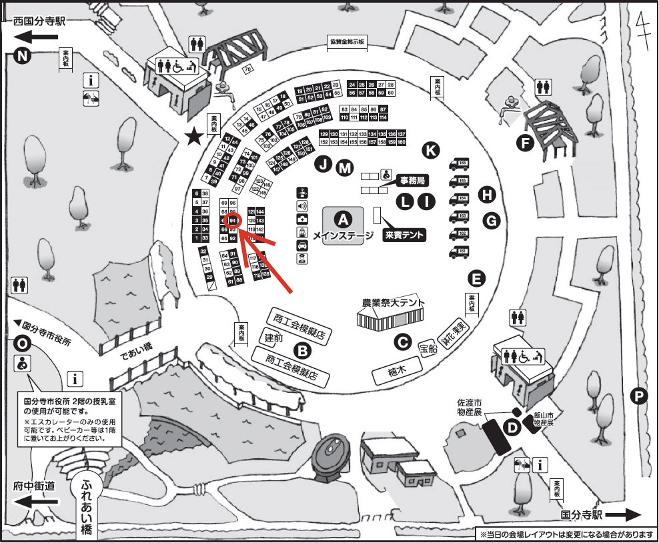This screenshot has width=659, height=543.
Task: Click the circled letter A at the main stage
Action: [x=343, y=218]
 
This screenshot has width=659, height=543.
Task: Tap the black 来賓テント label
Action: [x=405, y=235]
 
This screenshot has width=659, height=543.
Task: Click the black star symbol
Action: [x=194, y=137]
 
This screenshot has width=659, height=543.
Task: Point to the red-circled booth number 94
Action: [x=233, y=220]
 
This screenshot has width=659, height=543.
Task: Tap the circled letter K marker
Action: [x=432, y=151]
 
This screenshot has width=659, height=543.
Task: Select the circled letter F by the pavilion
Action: [x=526, y=142]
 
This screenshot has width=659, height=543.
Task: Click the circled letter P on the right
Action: [x=639, y=397]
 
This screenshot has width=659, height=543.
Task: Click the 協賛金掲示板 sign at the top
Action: [x=348, y=41]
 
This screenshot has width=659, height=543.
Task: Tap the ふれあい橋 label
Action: [x=87, y=507]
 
